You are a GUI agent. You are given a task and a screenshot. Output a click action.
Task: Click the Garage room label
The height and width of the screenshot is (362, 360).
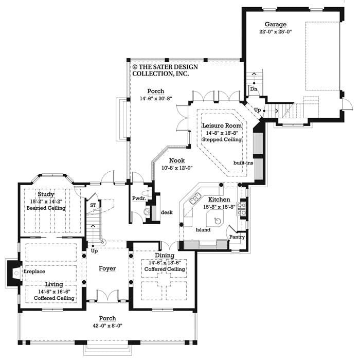coord(275,24)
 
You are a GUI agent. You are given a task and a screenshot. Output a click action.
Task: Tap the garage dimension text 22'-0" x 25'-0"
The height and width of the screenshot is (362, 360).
coord(275,31)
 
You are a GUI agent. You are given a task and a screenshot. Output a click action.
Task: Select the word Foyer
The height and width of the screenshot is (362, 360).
coord(107,268)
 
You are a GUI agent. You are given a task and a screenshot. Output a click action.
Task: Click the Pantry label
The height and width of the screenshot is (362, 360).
coord(237,237)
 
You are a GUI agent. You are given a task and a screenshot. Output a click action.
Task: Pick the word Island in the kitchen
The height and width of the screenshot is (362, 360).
coord(203,229)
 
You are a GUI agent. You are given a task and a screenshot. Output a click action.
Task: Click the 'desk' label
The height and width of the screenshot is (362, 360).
coord(166,212)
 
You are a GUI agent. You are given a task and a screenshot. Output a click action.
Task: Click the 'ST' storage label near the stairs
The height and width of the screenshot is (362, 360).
coord(93,205)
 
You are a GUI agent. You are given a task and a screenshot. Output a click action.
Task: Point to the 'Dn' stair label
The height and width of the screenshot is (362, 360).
coord(253,89)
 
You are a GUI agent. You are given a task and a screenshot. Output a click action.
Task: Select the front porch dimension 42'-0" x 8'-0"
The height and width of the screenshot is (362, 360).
coord(107,325)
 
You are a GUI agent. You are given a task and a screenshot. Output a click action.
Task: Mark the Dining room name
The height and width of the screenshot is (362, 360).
coord(165,256)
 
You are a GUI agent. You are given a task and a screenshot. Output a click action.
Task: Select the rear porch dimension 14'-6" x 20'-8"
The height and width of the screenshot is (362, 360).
coord(155,99)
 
